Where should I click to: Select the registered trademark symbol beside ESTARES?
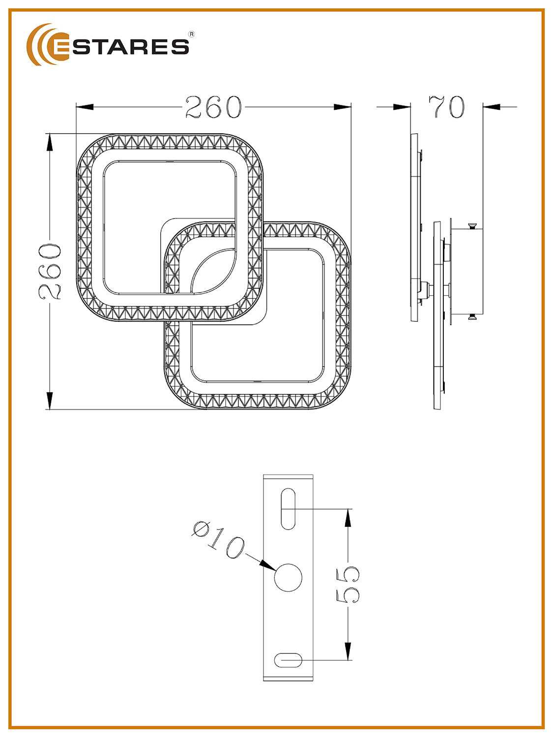point(192,34)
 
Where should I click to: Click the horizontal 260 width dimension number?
point(213,107)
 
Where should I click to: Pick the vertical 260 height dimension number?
point(50,272)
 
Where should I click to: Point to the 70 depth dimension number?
point(446,107)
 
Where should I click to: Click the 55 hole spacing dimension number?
point(348,584)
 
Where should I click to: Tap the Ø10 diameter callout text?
point(219,540)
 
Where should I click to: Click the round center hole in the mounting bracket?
point(288,578)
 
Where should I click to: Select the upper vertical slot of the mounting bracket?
point(288,509)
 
